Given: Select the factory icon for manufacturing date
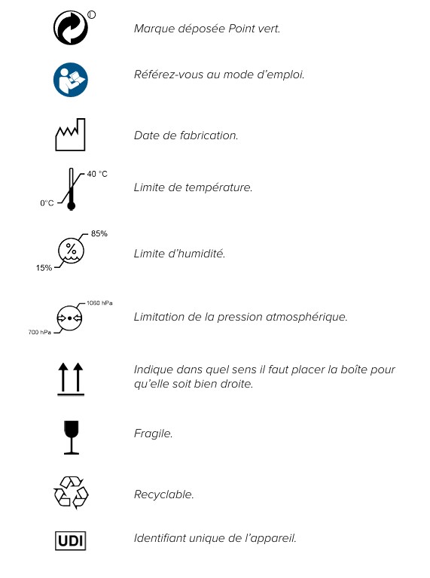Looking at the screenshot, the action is tap(72, 135).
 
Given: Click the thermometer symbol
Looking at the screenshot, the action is tap(72, 188).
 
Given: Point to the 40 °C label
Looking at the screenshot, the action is tap(97, 174).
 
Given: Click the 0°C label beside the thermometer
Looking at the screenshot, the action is tap(47, 202).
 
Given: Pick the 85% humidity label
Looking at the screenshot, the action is tap(99, 233).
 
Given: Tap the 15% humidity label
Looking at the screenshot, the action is tap(44, 269).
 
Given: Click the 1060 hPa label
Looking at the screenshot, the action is tap(101, 303).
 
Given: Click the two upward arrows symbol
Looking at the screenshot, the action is tap(72, 378).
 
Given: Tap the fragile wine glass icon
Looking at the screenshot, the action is tap(72, 438).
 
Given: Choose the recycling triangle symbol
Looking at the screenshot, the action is tap(72, 494).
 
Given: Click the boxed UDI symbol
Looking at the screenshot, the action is tap(72, 540).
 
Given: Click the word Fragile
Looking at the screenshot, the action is tap(153, 433).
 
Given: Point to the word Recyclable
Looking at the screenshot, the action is tap(163, 494).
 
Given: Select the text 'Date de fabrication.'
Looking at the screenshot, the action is tap(186, 135).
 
